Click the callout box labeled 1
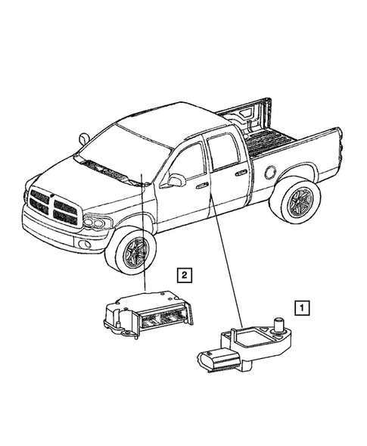[302, 308]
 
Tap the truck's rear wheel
[294, 201]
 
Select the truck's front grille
[53, 207]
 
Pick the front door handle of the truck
[201, 184]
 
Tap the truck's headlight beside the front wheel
[96, 223]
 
